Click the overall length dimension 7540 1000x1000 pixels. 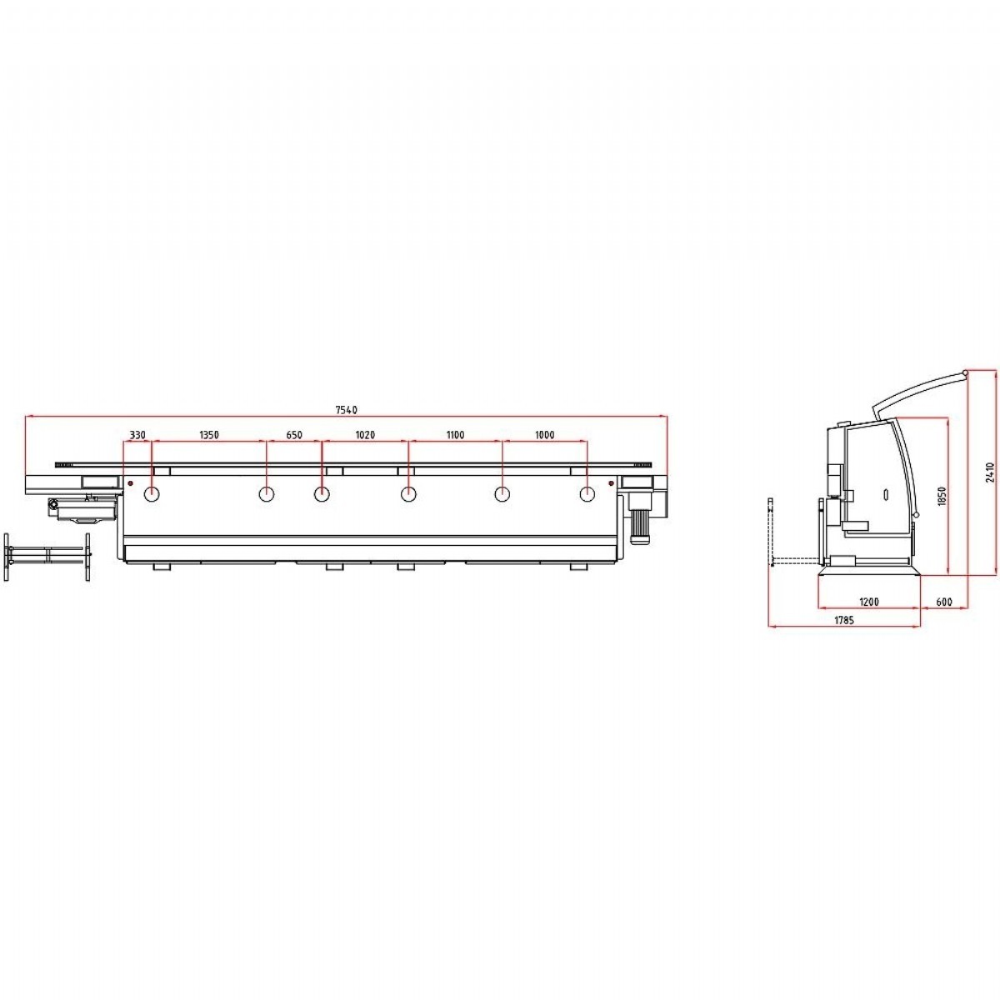coord(346,410)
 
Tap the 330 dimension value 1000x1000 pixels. coord(137,435)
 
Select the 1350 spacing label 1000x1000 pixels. coord(209,435)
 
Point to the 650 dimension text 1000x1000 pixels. coord(293,435)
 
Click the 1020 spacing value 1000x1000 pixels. coord(365,435)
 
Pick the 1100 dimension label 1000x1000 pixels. coord(455,435)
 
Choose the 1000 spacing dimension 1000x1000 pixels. coord(544,435)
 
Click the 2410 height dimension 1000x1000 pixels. coord(990,472)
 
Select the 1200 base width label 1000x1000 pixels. coord(869,602)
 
